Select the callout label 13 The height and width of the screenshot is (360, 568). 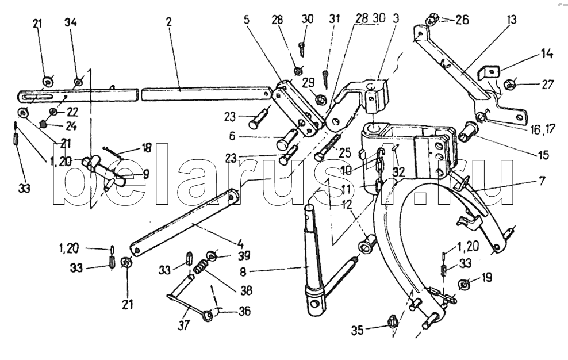pos(511,20)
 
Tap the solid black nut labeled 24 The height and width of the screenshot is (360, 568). pos(44,124)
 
